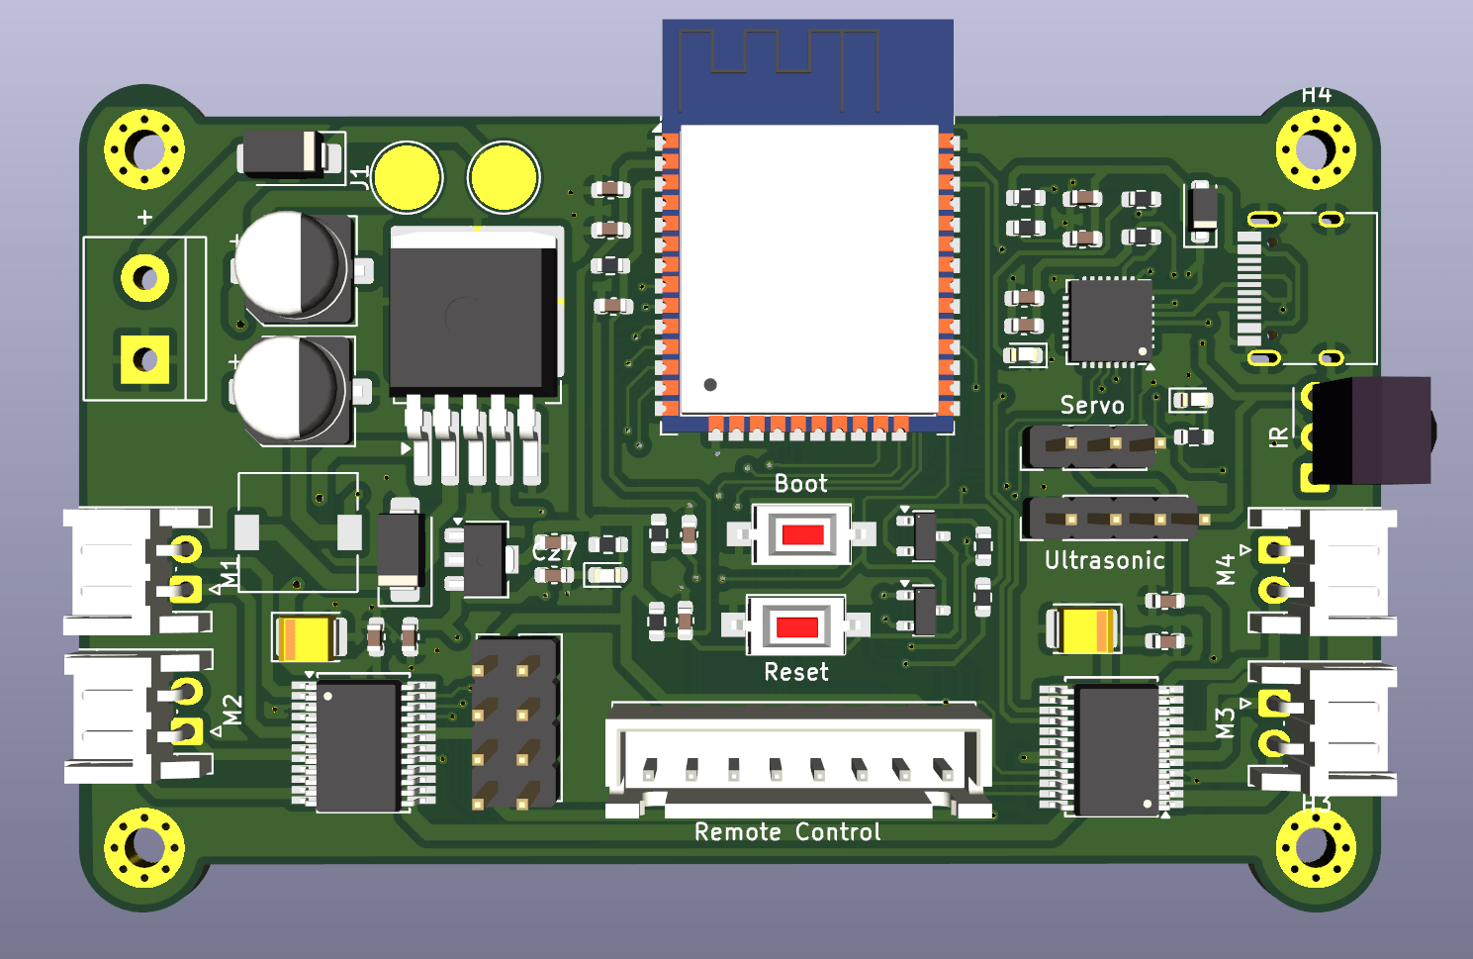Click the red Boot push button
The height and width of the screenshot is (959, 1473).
click(x=802, y=535)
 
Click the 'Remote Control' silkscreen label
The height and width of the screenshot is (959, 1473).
click(x=787, y=832)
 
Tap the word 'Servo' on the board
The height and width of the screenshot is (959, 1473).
click(x=1092, y=406)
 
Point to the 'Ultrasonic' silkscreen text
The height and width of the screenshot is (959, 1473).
click(x=1104, y=561)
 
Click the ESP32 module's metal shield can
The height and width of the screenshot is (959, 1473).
click(x=808, y=267)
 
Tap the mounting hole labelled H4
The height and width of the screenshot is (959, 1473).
click(x=1315, y=150)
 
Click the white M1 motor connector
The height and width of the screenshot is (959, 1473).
click(x=109, y=571)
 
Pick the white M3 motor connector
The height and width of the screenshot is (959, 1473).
click(x=1350, y=730)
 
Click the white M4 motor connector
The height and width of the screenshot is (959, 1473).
click(x=1350, y=572)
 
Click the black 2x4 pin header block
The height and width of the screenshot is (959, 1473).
click(x=514, y=720)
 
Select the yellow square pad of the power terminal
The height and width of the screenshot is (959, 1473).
click(x=144, y=359)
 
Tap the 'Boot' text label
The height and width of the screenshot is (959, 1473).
click(x=800, y=484)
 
